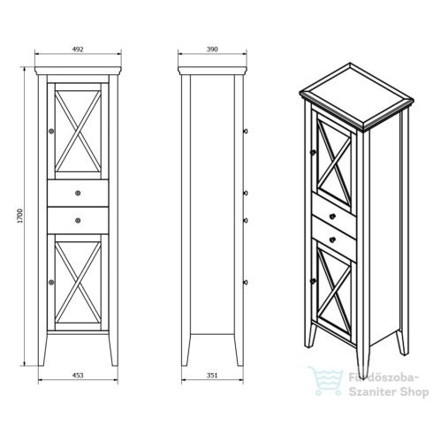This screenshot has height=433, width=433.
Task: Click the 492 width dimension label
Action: (78, 49)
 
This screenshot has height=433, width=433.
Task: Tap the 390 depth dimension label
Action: (212, 49)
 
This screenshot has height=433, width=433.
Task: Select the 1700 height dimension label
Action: (19, 216)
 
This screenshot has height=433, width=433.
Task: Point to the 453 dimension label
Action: (78, 375)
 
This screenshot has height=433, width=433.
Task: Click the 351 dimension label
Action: (212, 375)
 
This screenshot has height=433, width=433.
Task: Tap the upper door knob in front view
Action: (51, 131)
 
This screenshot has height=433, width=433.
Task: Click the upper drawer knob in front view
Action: (78, 194)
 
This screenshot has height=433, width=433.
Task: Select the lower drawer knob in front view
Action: (78, 220)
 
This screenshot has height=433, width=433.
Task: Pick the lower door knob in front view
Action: (51, 283)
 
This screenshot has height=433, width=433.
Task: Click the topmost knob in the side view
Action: (246, 131)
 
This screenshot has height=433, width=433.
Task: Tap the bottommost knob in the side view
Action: (246, 283)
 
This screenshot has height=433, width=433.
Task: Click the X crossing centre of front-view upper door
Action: (78, 132)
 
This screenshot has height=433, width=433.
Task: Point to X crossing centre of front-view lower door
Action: (78, 282)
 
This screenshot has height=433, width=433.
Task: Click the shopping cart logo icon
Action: (326, 381)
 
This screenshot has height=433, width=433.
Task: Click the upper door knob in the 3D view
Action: (313, 152)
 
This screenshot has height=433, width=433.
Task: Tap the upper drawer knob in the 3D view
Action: (332, 216)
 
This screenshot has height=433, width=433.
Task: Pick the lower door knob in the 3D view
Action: (313, 281)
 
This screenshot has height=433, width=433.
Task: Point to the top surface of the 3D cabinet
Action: (356, 96)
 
